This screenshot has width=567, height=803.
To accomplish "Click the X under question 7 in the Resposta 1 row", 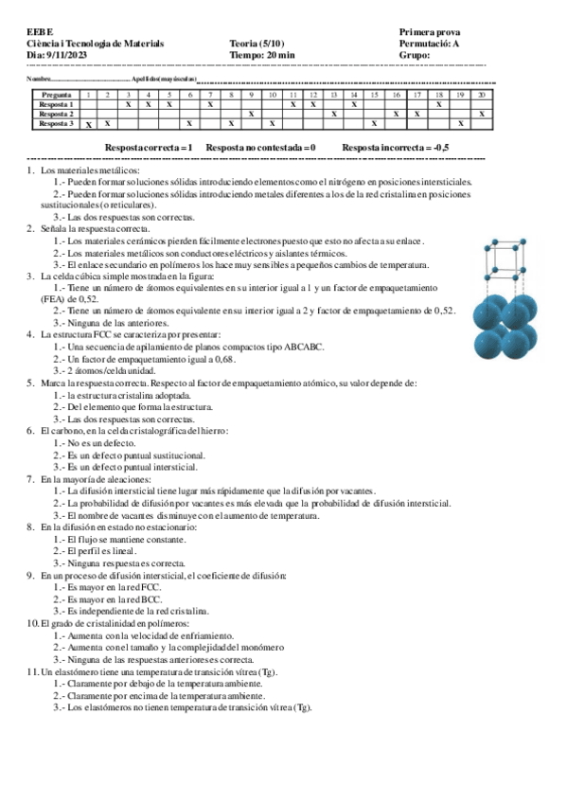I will click(210, 104).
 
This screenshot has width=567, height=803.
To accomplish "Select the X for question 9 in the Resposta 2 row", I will click(251, 114).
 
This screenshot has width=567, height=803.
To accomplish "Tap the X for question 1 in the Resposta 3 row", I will click(88, 124).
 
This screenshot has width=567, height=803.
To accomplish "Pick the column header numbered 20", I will click(482, 95).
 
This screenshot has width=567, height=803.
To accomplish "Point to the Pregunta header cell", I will click(56, 95).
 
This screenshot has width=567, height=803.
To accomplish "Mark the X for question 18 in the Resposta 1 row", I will click(439, 104).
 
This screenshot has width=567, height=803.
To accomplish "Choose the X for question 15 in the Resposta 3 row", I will click(375, 124).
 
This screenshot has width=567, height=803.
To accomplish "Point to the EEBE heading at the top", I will click(41, 32).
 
